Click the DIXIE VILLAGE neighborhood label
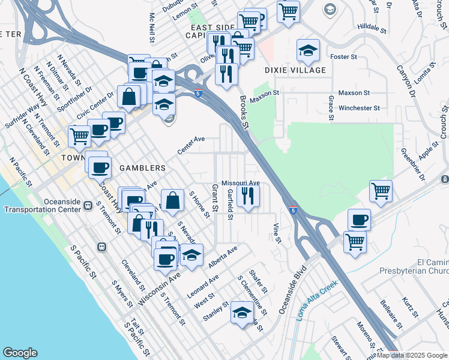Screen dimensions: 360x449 tap(295, 70)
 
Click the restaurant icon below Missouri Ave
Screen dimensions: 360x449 tap(247, 195)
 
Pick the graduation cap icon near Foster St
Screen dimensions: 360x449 tap(308, 50)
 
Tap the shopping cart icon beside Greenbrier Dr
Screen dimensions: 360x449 tap(381, 191)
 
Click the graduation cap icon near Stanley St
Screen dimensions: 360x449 tap(242, 313)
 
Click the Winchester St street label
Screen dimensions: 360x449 tap(359, 109)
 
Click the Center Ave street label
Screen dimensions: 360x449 tap(191, 145)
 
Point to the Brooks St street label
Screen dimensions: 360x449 tap(244, 113)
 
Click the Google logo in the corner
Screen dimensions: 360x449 tap(20, 353)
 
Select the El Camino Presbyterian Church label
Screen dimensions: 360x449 tap(414, 267)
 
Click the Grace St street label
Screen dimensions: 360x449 tap(331, 107)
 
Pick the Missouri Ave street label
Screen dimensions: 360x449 tap(240, 182)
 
